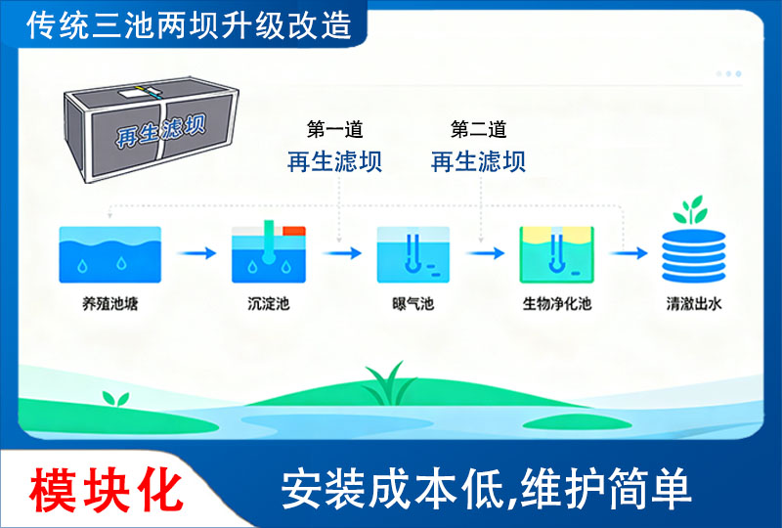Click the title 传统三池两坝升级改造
[190, 24]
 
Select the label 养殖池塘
[110, 304]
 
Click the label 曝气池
[413, 304]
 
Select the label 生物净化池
[557, 304]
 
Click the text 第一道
[334, 130]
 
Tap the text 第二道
[478, 130]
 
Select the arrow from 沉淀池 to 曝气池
[342, 253]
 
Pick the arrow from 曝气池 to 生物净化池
[486, 253]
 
